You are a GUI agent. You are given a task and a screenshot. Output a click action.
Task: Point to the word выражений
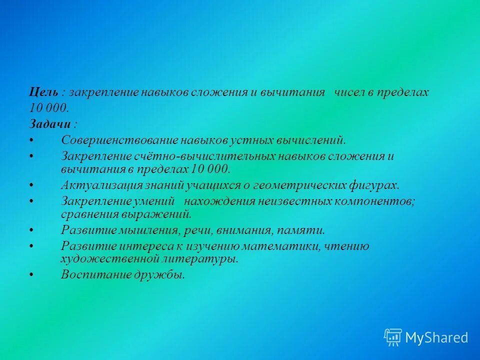pos(161,214)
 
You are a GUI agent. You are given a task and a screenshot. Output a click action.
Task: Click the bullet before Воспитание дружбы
pos(31,274)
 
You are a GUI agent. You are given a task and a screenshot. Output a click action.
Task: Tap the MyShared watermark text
pos(436,338)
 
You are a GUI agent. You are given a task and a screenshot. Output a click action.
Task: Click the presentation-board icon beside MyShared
pos(393,337)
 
